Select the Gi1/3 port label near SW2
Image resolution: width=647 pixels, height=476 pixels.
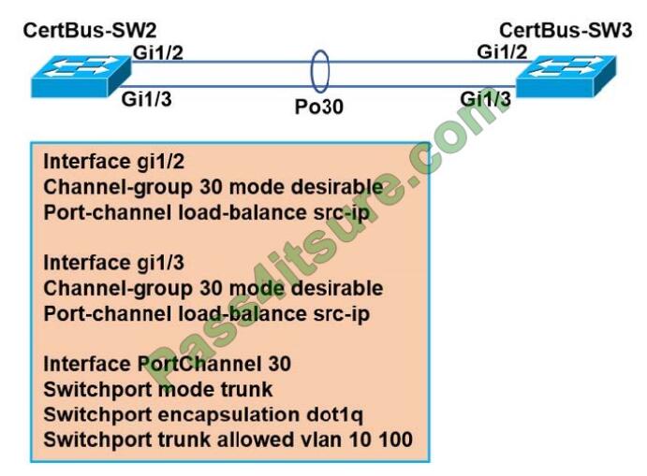pos(145,99)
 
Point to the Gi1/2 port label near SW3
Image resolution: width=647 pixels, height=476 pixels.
pos(501,51)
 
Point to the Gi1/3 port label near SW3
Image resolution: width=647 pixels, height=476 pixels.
pos(485,99)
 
